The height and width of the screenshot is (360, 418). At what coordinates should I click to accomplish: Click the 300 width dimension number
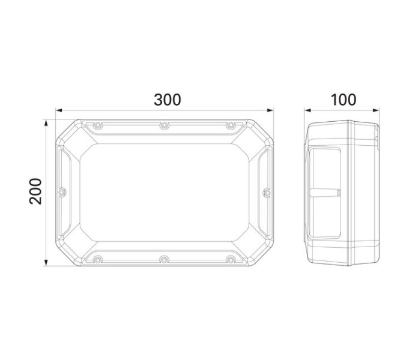167,100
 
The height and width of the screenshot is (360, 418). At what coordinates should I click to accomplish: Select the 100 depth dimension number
342,100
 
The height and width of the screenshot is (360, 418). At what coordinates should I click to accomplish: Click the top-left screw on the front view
96,125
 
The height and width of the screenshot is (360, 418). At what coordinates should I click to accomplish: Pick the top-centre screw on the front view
163,125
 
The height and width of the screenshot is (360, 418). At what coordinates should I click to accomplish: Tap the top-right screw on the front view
230,125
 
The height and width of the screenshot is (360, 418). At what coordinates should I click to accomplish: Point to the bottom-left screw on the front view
96,260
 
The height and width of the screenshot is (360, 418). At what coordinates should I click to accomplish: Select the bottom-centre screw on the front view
163,260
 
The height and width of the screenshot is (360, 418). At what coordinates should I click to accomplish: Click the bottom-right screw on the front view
230,260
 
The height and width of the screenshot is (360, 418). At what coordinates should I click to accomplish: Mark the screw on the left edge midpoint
61,192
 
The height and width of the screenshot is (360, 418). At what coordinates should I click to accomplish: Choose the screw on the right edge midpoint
266,192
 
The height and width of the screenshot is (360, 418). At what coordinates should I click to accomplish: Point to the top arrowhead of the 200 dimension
46,122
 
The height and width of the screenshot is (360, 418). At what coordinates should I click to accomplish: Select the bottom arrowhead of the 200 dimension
46,263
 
